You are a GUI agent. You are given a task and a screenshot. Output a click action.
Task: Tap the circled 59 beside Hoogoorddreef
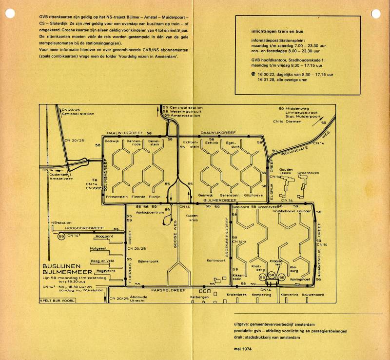pyautogui.click(x=61, y=237)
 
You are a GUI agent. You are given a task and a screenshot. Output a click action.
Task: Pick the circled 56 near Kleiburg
pyautogui.click(x=282, y=277)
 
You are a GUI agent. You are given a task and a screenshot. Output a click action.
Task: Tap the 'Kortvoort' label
pyautogui.click(x=201, y=261)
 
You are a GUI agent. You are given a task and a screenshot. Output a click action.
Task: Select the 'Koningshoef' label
pyautogui.click(x=300, y=280)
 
